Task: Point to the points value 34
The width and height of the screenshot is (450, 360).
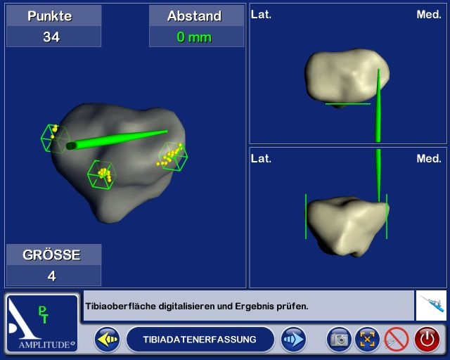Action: [51, 37]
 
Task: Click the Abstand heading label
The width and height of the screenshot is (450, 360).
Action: [194, 16]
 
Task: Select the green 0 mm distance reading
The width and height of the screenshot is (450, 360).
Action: [194, 37]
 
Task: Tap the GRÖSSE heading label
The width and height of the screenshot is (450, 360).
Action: [52, 255]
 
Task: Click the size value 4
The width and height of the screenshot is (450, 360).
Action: [52, 276]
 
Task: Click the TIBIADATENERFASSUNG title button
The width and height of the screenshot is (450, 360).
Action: [199, 340]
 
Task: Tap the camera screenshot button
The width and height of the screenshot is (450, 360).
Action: [339, 340]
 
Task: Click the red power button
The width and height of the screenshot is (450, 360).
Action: [427, 340]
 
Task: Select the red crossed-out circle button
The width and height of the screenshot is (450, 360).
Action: [397, 340]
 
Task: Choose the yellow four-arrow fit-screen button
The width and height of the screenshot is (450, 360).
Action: [368, 340]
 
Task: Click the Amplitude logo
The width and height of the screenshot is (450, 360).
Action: [41, 323]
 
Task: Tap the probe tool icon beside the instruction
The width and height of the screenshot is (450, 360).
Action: [431, 306]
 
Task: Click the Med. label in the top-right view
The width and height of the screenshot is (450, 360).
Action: [428, 14]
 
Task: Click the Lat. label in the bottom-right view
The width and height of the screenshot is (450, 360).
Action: [262, 159]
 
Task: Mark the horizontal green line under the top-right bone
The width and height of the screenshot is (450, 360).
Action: [347, 104]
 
